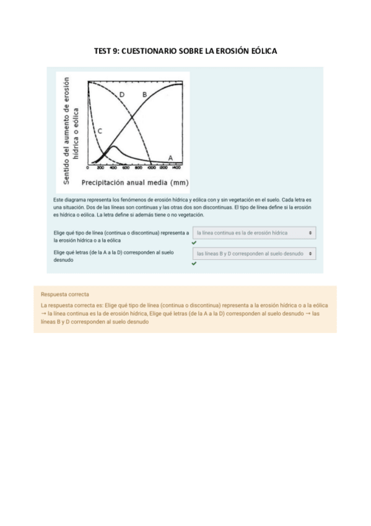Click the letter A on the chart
tap(170, 157)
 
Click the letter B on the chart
tap(144, 94)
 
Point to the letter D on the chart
tap(122, 94)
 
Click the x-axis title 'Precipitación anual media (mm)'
tap(135, 183)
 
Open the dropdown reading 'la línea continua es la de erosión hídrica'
tap(254, 233)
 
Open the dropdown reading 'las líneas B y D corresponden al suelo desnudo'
tap(254, 254)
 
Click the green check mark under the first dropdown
tap(194, 243)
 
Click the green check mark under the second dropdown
tap(194, 264)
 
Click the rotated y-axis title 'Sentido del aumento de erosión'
tap(67, 129)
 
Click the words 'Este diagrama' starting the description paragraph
tap(69, 200)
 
